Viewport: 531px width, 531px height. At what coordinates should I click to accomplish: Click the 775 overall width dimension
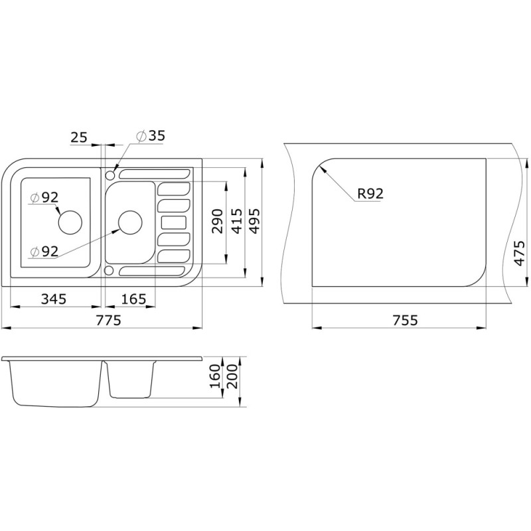108,320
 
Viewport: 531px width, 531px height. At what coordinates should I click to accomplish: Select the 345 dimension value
54,299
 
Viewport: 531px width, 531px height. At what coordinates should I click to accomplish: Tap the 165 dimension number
133,299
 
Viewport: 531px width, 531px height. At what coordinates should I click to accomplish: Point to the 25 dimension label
79,137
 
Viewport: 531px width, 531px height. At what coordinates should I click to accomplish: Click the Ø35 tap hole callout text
151,136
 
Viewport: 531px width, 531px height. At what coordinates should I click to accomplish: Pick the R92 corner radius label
370,194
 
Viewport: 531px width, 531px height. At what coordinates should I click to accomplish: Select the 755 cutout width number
406,320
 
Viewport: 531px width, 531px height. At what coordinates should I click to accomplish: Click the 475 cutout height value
519,253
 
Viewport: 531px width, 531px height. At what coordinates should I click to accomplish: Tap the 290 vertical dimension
218,222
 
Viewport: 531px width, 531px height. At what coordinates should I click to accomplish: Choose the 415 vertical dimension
237,222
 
